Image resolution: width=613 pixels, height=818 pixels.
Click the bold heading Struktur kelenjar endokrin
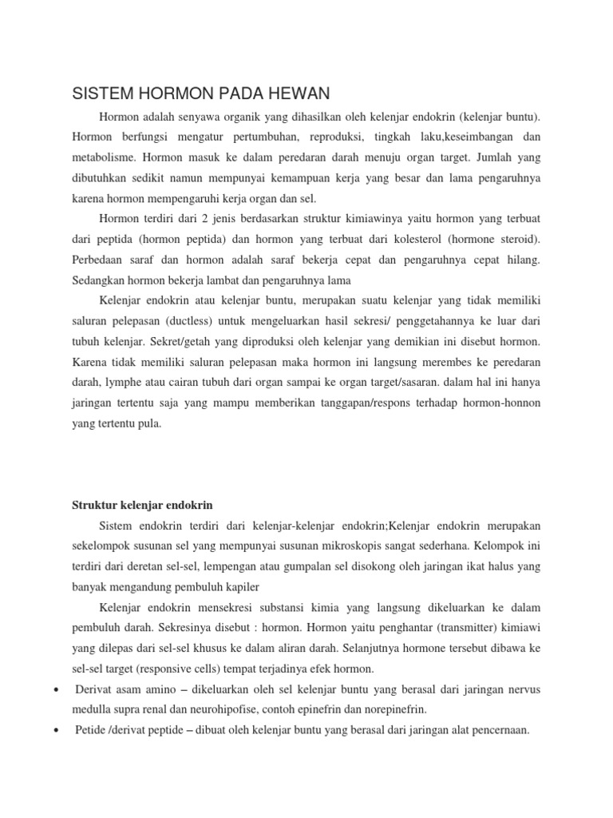click(x=142, y=506)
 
